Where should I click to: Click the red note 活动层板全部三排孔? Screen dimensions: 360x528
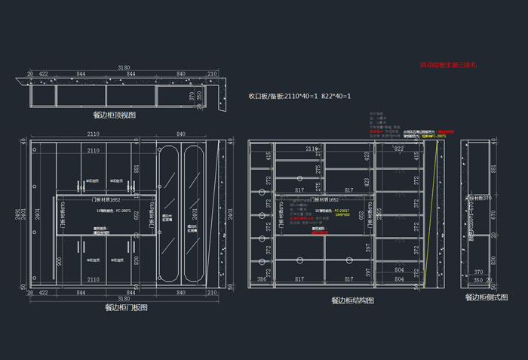click(448, 66)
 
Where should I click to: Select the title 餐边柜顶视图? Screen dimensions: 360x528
click(114, 115)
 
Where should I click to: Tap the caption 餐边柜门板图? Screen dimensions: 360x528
click(126, 308)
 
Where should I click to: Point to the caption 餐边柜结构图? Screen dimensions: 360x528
click(352, 300)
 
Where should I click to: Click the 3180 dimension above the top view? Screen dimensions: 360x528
click(123, 69)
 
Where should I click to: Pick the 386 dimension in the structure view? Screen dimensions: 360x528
click(262, 279)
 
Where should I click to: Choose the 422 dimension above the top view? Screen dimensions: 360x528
click(44, 75)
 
